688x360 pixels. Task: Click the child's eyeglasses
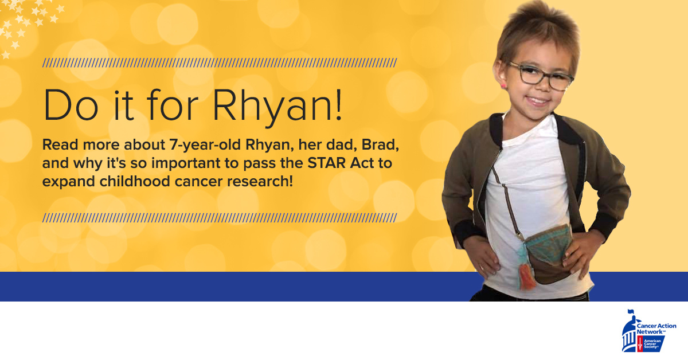[x=541, y=75]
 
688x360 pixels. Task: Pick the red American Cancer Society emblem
[x=640, y=343]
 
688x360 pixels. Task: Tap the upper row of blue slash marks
[x=220, y=62]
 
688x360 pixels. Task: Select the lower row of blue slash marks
[x=220, y=217]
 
